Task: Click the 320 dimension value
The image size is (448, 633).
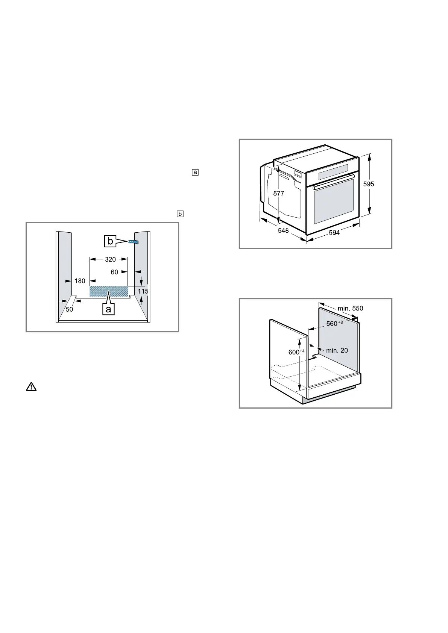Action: click(x=110, y=259)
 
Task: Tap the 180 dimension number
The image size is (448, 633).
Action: click(x=80, y=280)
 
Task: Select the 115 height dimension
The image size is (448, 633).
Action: click(x=143, y=291)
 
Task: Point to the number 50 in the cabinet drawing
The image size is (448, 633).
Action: click(x=70, y=309)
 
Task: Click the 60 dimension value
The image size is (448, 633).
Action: click(x=114, y=272)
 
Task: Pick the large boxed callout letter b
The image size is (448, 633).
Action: click(x=110, y=241)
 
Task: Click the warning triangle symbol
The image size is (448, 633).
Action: click(x=31, y=386)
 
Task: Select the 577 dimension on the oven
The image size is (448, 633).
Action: click(x=279, y=194)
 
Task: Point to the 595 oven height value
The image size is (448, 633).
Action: click(x=369, y=184)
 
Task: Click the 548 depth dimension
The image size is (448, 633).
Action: click(x=283, y=230)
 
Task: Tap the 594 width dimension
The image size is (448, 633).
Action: click(x=334, y=233)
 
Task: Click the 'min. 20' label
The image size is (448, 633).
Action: click(x=337, y=350)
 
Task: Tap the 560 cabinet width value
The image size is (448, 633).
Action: click(x=334, y=323)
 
